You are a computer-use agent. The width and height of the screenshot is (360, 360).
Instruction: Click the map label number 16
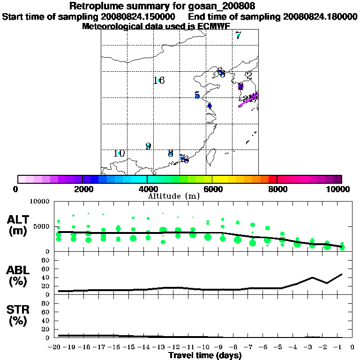[159, 81]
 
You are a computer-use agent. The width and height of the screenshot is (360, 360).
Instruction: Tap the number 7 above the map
[238, 35]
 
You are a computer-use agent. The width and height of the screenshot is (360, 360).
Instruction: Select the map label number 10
[119, 153]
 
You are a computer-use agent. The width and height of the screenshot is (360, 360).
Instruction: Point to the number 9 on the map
[148, 146]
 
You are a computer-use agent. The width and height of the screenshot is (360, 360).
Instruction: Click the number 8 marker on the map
[171, 153]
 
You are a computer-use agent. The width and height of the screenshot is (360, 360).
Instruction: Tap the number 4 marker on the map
[210, 105]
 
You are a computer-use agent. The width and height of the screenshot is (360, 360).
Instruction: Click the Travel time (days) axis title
[205, 355]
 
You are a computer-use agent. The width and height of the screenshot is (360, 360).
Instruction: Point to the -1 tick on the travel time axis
[341, 347]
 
